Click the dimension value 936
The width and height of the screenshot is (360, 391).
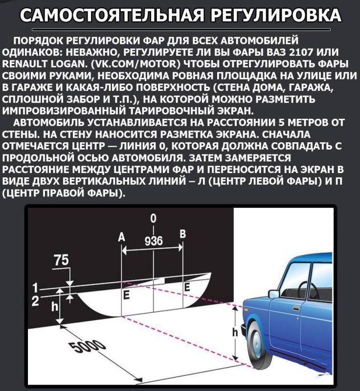click(154, 240)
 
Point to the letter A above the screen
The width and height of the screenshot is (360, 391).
click(122, 237)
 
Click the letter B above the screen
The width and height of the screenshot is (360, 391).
click(183, 234)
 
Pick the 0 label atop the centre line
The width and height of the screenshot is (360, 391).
click(154, 218)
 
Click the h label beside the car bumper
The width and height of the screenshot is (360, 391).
click(235, 333)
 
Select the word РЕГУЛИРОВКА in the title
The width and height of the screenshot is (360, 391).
click(271, 16)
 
